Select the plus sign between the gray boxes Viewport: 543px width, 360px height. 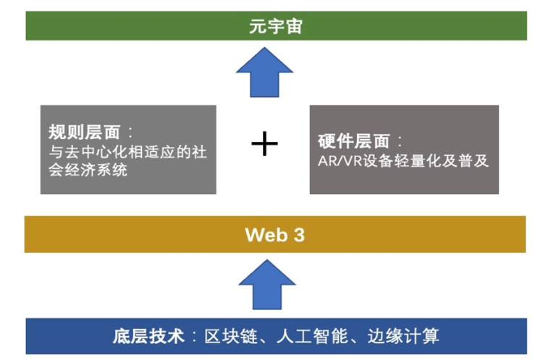pyautogui.click(x=264, y=145)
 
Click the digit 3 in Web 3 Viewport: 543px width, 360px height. pyautogui.click(x=298, y=234)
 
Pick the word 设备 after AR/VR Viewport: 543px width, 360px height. pyautogui.click(x=376, y=161)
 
